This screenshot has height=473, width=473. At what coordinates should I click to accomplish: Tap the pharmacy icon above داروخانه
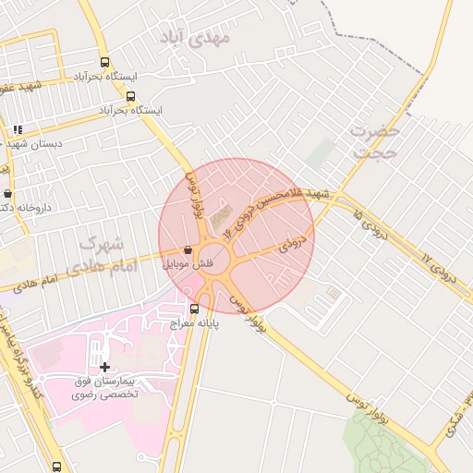[8, 194]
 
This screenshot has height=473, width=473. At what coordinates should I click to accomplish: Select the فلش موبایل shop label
[188, 264]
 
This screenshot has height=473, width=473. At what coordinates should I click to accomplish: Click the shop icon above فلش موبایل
[188, 249]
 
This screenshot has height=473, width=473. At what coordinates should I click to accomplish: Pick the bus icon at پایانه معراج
[194, 309]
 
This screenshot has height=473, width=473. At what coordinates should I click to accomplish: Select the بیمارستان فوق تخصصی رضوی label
[104, 387]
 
